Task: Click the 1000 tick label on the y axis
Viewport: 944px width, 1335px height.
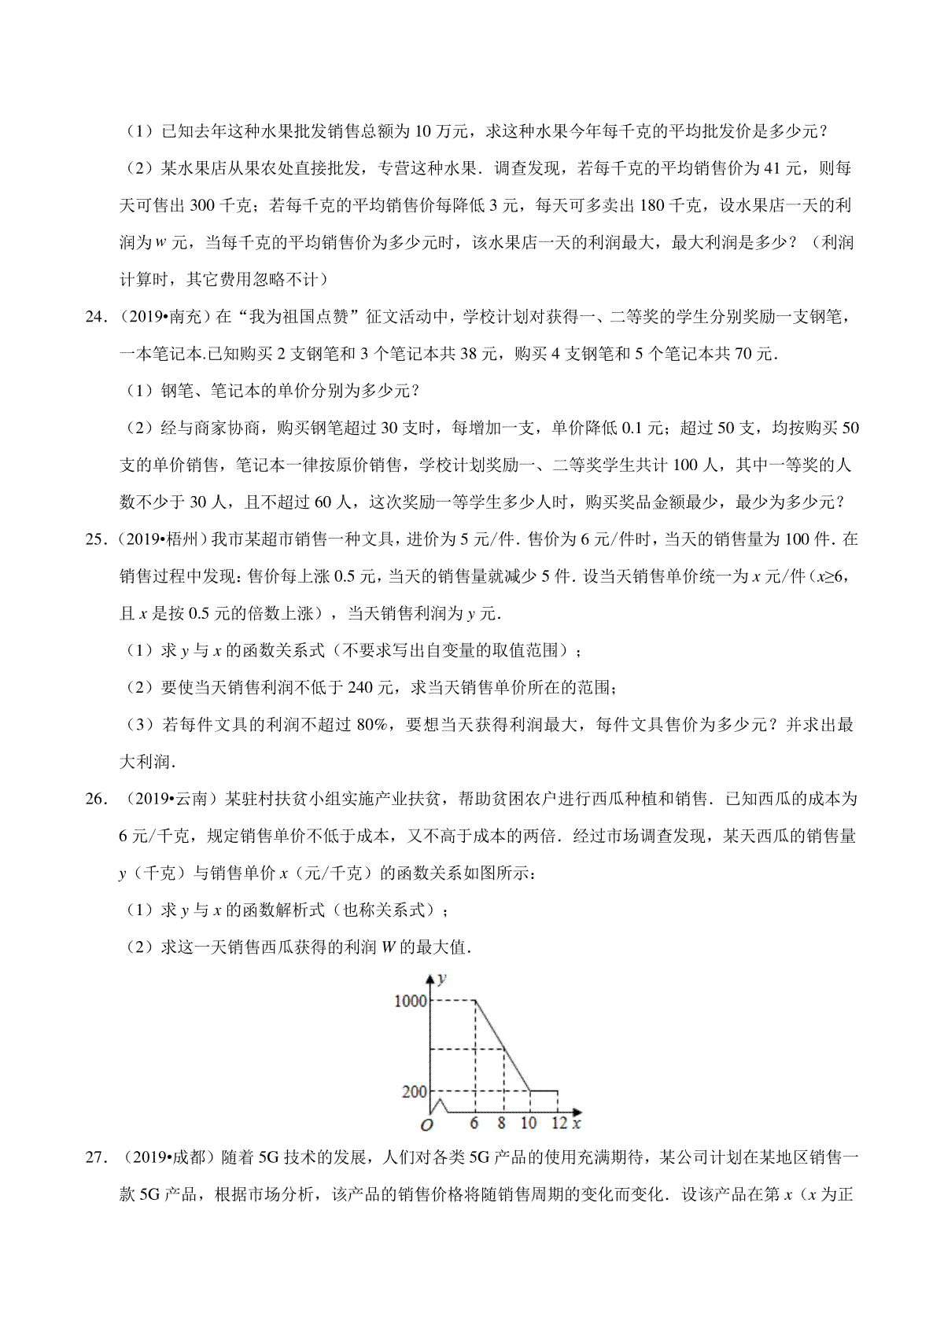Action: pos(410,1001)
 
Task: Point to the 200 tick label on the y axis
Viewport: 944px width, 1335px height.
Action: pos(414,1091)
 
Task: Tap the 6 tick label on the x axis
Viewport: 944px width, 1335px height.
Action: pos(474,1124)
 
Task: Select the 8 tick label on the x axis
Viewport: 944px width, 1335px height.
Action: pos(502,1124)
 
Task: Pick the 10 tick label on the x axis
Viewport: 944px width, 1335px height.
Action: pos(529,1124)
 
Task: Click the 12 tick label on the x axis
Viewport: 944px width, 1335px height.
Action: pos(559,1124)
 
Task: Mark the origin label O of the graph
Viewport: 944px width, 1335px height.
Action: pos(427,1125)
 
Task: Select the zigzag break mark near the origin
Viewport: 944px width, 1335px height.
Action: pos(441,1105)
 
